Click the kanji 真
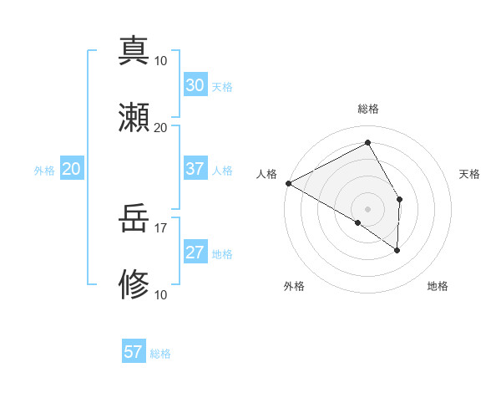coord(134,50)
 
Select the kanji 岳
coord(134,221)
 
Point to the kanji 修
coord(134,285)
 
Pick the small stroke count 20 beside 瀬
coord(161,127)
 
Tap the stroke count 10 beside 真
coord(161,60)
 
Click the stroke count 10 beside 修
coord(161,295)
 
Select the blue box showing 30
coord(195,85)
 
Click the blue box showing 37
coord(195,169)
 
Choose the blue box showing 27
coord(195,253)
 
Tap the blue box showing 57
coord(134,352)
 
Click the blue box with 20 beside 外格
coord(72,169)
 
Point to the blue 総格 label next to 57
coord(160,354)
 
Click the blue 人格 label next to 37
coord(222,171)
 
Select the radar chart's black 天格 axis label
coord(469,174)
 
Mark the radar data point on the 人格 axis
coord(288,183)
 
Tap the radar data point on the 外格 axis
coord(358,222)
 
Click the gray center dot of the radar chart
coord(368,208)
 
